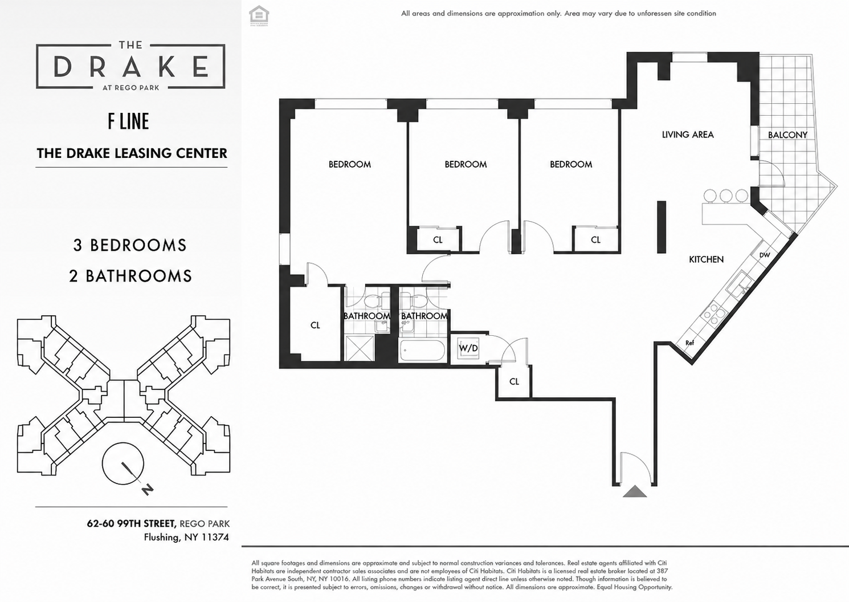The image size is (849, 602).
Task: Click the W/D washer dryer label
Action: point(468,348)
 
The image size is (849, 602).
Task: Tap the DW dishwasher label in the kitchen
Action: point(765,255)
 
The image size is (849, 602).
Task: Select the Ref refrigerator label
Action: point(690,343)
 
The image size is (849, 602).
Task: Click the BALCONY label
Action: point(787,135)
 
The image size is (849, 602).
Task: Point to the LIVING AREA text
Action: point(688,135)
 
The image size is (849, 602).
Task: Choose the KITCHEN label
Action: point(706,259)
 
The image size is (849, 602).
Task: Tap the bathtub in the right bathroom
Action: point(422,351)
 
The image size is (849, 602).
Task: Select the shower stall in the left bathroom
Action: point(360,348)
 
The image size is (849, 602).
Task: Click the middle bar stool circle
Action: point(726,196)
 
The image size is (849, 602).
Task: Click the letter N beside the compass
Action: point(148,489)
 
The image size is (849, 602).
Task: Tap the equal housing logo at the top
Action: point(259,16)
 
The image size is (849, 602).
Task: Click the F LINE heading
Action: point(128,121)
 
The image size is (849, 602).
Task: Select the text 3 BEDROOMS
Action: point(130,245)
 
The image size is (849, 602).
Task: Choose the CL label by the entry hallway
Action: point(514,381)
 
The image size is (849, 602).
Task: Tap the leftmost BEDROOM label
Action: point(349,164)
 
